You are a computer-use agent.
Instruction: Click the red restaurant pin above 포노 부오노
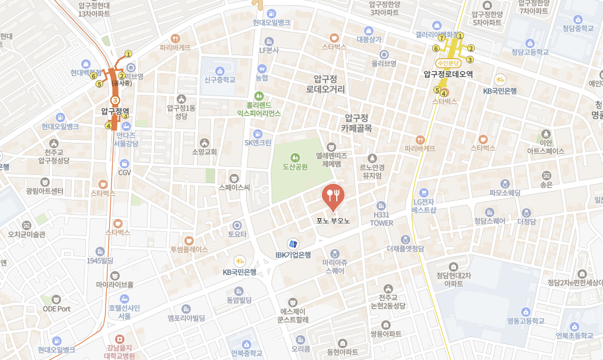333,195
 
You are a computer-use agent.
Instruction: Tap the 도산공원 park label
295,167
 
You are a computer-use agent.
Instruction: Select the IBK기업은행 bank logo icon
292,244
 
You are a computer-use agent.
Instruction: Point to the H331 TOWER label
381,219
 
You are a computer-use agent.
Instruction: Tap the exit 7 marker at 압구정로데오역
442,37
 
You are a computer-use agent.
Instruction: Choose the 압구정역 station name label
115,110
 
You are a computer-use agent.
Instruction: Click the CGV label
125,173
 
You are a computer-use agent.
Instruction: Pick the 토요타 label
237,234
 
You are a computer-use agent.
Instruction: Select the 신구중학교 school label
220,79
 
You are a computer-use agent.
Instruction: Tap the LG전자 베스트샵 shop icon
423,192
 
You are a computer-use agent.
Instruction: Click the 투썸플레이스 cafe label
189,250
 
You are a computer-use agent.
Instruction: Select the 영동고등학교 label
525,321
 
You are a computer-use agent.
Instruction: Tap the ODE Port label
56,308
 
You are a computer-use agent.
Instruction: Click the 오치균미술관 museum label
27,234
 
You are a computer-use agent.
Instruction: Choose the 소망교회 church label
205,152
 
